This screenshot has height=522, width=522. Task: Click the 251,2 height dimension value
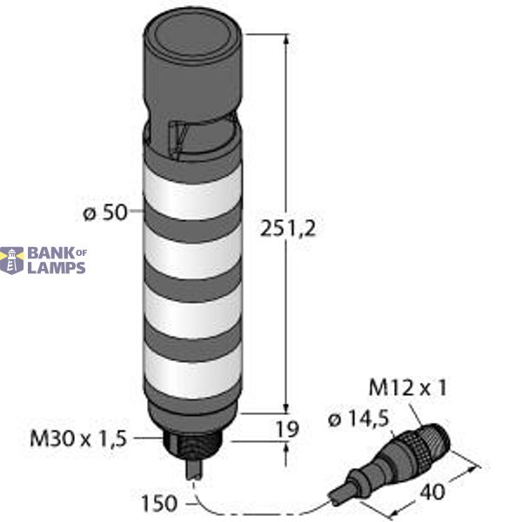pyautogui.click(x=287, y=228)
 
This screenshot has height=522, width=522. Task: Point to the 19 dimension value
pyautogui.click(x=289, y=429)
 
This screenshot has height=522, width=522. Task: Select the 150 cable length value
pyautogui.click(x=158, y=503)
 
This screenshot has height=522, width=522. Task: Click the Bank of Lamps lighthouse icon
pyautogui.click(x=11, y=260)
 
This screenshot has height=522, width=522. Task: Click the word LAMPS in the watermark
pyautogui.click(x=57, y=268)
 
